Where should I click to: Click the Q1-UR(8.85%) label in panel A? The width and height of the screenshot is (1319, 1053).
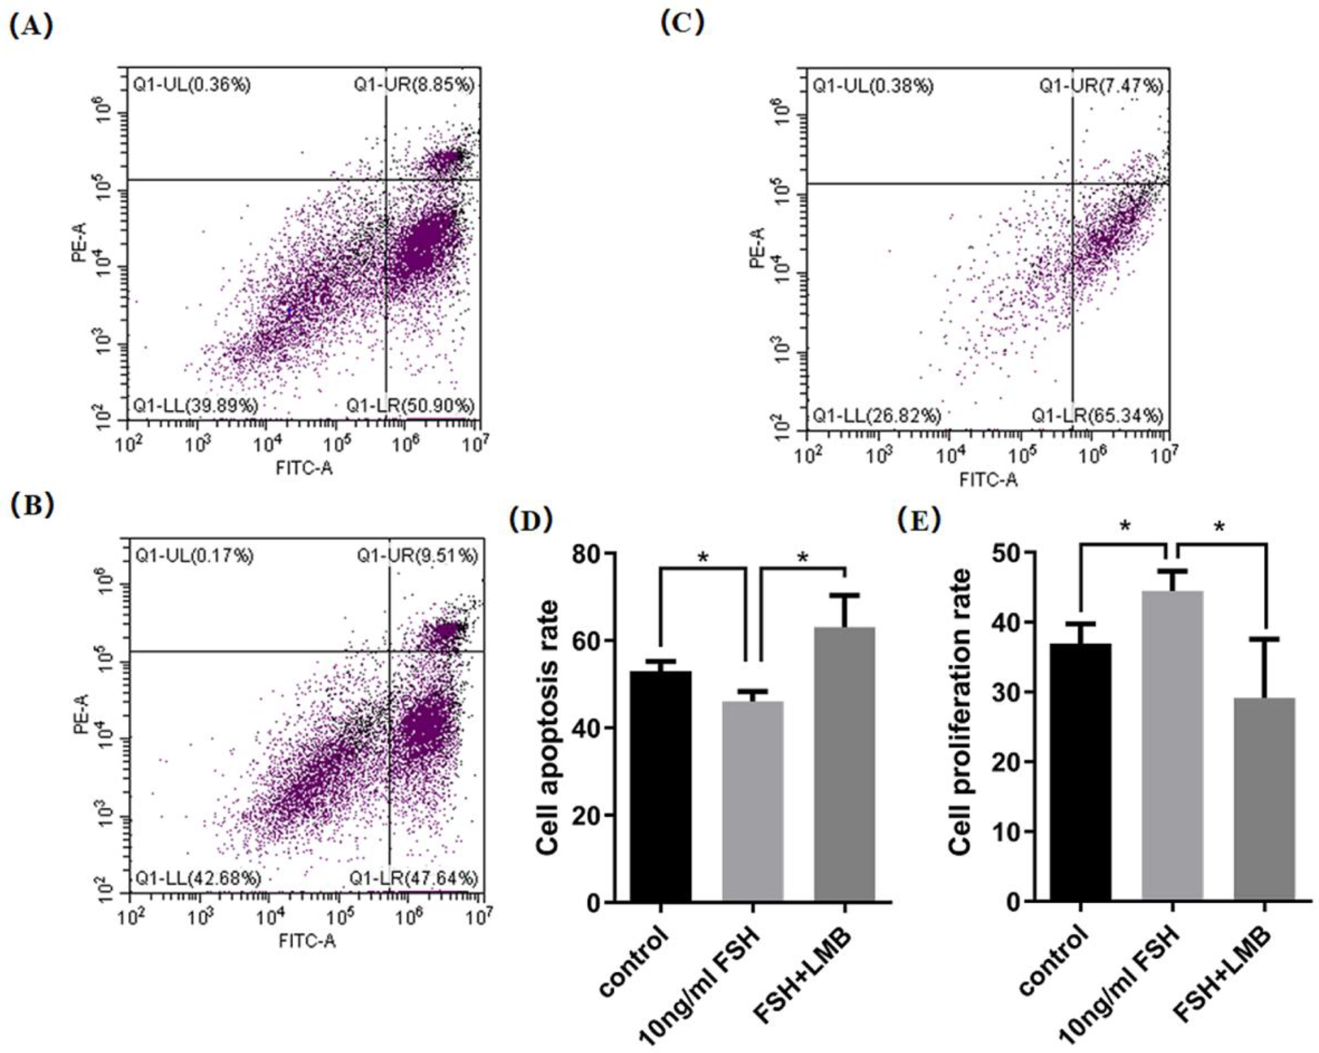pyautogui.click(x=414, y=85)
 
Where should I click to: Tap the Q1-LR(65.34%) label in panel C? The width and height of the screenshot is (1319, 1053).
pyautogui.click(x=1098, y=416)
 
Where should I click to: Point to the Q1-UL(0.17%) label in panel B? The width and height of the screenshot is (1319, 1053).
pyautogui.click(x=194, y=556)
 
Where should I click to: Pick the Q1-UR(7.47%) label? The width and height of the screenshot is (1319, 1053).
pyautogui.click(x=1101, y=86)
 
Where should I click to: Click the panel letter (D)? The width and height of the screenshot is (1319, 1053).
pyautogui.click(x=531, y=520)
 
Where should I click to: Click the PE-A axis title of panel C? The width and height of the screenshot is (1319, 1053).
pyautogui.click(x=757, y=247)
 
